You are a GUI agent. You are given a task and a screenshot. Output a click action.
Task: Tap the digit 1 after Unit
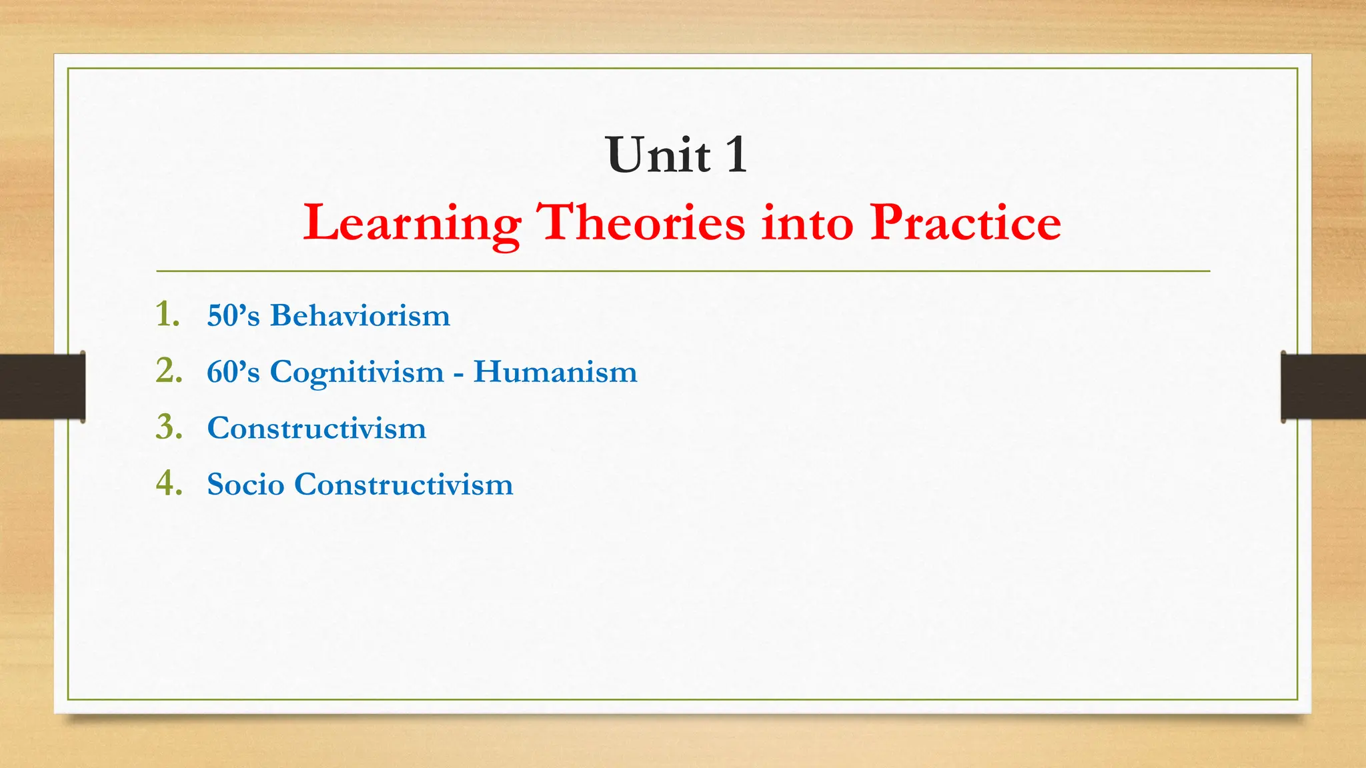[x=736, y=155]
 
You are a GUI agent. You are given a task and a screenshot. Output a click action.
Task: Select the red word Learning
[x=412, y=223]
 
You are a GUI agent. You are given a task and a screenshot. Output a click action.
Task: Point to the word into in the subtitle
[x=807, y=223]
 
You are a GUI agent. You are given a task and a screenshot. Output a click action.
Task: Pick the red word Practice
[x=965, y=223]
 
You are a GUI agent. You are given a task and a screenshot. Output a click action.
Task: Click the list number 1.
[x=167, y=314]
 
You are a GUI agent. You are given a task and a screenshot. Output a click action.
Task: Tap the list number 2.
[x=168, y=371]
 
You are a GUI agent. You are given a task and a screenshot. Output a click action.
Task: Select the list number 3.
[x=168, y=427]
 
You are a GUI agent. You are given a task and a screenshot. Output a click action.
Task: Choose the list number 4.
[x=168, y=483]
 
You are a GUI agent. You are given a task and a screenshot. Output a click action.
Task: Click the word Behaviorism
[x=360, y=315]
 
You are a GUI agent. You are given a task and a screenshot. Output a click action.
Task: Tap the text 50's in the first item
[x=233, y=315]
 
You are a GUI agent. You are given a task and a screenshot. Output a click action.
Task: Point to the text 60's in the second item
[x=233, y=372]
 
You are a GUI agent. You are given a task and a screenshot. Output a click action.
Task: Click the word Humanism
[x=555, y=372]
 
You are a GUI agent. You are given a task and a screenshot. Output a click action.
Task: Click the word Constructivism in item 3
[x=316, y=428]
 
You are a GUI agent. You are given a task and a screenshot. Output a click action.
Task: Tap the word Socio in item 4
[x=245, y=485]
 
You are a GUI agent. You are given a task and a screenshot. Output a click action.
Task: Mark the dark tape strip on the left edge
[x=42, y=387]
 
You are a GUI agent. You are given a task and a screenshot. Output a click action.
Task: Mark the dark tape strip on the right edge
[x=1323, y=387]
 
